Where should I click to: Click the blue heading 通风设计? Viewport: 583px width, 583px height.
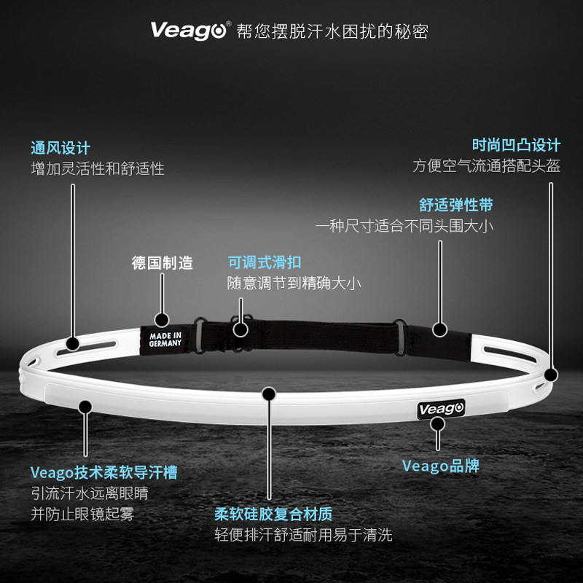click(x=60, y=148)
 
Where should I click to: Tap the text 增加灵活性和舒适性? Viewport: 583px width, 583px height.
click(x=98, y=168)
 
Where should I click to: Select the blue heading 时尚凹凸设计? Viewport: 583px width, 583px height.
click(x=515, y=144)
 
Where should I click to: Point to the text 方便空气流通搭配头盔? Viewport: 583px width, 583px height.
click(x=487, y=165)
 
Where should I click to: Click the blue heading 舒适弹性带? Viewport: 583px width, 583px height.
click(x=456, y=205)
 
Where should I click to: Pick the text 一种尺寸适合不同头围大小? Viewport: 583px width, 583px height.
click(x=404, y=226)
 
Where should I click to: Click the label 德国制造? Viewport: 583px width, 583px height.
click(x=163, y=263)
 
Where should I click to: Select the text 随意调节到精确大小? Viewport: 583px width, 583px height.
click(x=294, y=283)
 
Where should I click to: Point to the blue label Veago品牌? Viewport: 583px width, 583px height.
click(x=441, y=466)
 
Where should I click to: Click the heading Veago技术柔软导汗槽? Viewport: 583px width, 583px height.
click(x=104, y=473)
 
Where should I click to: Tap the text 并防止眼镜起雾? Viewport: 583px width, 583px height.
click(x=82, y=514)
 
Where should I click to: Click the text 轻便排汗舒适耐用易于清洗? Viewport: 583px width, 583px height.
click(x=303, y=536)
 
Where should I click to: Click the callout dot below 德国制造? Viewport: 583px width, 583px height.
click(x=162, y=318)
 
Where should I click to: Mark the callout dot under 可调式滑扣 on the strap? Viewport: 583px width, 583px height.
click(x=240, y=327)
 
